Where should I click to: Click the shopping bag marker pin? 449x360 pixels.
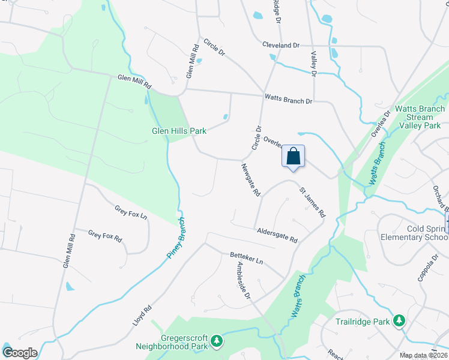pos(294,157)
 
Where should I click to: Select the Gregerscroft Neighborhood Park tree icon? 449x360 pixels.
pos(217,342)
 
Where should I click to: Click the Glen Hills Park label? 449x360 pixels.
pos(179,130)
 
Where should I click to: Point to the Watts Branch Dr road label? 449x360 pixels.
pos(288,98)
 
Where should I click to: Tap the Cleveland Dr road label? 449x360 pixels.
pos(280,45)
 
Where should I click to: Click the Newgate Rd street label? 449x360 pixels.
pos(251,180)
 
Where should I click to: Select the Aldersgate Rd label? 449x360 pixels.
pos(277,235)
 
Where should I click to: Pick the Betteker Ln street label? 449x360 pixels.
pos(247,258)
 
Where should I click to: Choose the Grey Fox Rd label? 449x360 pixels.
pos(105,236)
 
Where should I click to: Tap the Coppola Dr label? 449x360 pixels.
pos(427,268)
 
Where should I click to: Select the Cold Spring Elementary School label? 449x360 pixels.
pos(414,232)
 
